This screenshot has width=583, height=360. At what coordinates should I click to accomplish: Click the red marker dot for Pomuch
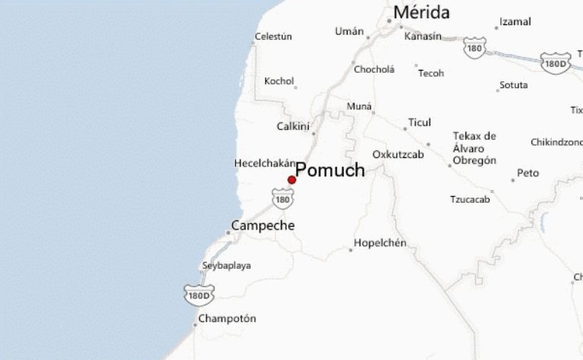coord(291,180)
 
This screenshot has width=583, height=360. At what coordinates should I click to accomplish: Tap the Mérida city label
coord(421,13)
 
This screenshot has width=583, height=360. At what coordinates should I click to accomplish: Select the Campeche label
coord(263,226)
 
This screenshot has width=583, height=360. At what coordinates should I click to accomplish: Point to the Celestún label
coord(273,36)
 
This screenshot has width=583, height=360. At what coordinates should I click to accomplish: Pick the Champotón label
coord(228,318)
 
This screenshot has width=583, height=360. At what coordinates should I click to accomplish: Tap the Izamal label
coord(516,22)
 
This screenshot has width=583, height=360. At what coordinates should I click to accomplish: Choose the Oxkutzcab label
coord(398,154)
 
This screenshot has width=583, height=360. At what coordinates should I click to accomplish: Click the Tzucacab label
coord(470,199)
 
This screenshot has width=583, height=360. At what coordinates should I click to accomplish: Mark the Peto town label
coord(528,173)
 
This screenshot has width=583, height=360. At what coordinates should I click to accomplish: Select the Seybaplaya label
coord(226,266)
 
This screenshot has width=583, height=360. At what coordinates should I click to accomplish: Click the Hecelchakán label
coord(264,163)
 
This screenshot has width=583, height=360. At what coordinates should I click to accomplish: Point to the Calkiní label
coord(292,127)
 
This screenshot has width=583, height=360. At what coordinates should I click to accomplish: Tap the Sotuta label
coord(513,85)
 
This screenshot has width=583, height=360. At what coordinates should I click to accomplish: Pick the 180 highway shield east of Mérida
coord(474,48)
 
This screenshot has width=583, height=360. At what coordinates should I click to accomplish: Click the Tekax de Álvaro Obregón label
coord(474,148)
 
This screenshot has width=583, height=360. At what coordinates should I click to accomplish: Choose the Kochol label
coord(279,81)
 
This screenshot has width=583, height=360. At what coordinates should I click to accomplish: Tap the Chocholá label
coord(374,69)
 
